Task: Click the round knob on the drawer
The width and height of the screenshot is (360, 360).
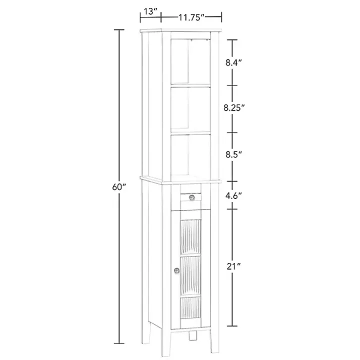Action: click(192, 198)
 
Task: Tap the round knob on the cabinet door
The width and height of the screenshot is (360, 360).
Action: click(176, 270)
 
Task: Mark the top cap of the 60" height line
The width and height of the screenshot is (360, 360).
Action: click(119, 30)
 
